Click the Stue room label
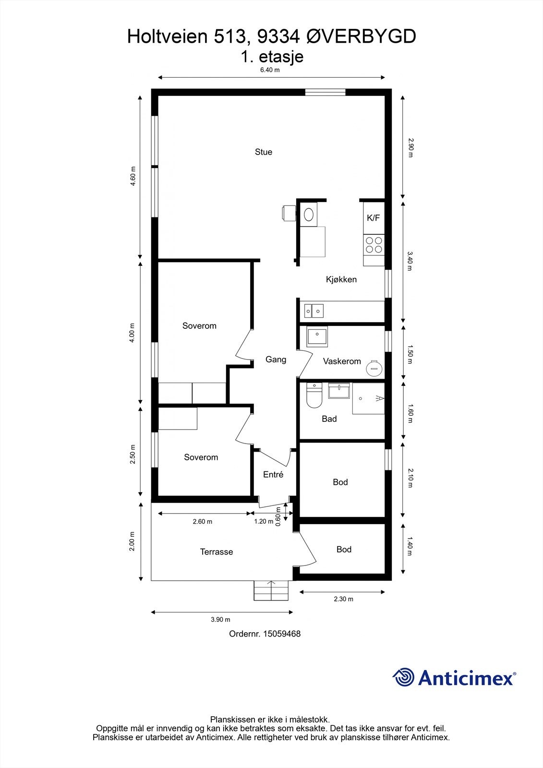coord(264,152)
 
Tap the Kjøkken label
coord(341,280)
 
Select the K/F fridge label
coord(374,218)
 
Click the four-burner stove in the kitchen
coord(374,245)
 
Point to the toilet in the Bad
coord(314,396)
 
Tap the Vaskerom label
coord(342,361)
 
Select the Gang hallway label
coord(276,360)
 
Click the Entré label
coord(273,475)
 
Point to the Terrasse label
coord(217,552)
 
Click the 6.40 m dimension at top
coord(270,70)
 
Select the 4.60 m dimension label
coord(133,176)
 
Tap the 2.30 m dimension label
coord(343,599)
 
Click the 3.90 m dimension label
coord(220,620)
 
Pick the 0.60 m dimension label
coord(278,516)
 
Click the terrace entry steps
coord(271,590)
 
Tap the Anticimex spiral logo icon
coord(403,677)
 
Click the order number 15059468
coord(282,634)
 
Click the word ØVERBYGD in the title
coord(361,36)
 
